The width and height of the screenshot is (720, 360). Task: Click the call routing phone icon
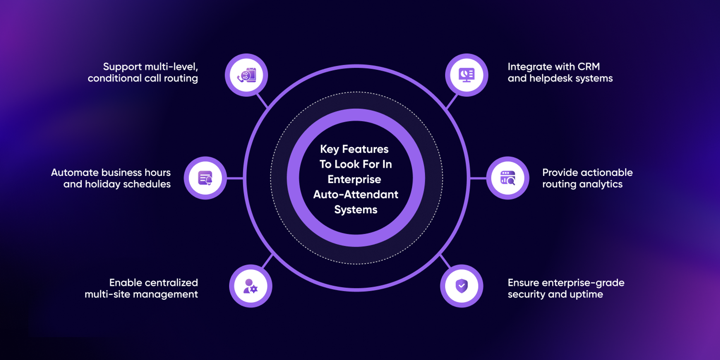246,75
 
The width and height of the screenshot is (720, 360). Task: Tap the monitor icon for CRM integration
466,75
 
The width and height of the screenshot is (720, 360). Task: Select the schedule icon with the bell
205,178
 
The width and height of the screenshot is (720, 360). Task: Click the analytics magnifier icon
508,178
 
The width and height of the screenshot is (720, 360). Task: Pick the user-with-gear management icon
250,286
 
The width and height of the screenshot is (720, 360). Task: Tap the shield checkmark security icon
462,286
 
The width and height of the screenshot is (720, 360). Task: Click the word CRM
588,67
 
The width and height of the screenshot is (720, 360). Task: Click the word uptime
586,294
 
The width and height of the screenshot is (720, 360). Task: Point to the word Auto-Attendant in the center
355,195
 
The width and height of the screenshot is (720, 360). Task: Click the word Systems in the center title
355,210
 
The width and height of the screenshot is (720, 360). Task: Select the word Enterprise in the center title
354,180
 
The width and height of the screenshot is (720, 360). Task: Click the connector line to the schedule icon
235,178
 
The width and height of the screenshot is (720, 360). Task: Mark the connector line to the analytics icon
478,178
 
